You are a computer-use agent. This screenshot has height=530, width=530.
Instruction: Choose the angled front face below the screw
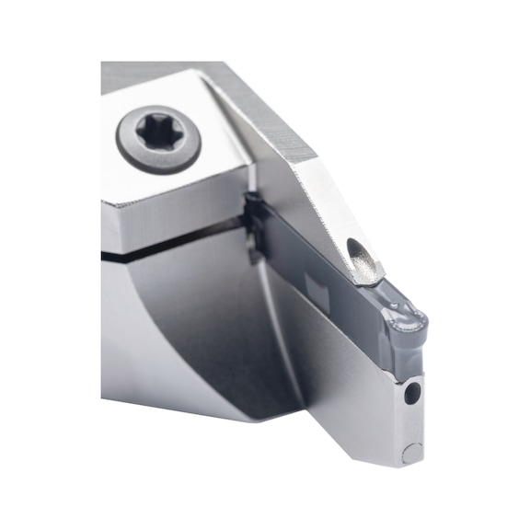tap(175, 207)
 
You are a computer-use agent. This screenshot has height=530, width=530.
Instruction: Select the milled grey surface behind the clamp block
tap(267, 101)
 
